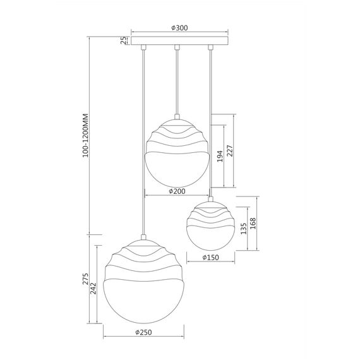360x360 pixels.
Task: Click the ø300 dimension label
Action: tap(179, 28)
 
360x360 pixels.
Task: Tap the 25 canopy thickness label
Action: tap(124, 40)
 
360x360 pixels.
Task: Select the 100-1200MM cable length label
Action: tap(86, 135)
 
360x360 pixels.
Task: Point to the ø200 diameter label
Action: tap(177, 191)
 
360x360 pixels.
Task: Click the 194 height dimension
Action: tap(220, 156)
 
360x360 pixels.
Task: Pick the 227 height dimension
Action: tap(230, 150)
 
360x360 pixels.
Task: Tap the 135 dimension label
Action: tap(244, 229)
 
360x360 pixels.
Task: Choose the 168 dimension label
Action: tap(253, 223)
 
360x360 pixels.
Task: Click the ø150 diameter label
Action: tap(211, 258)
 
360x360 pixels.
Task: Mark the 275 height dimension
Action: tap(86, 279)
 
